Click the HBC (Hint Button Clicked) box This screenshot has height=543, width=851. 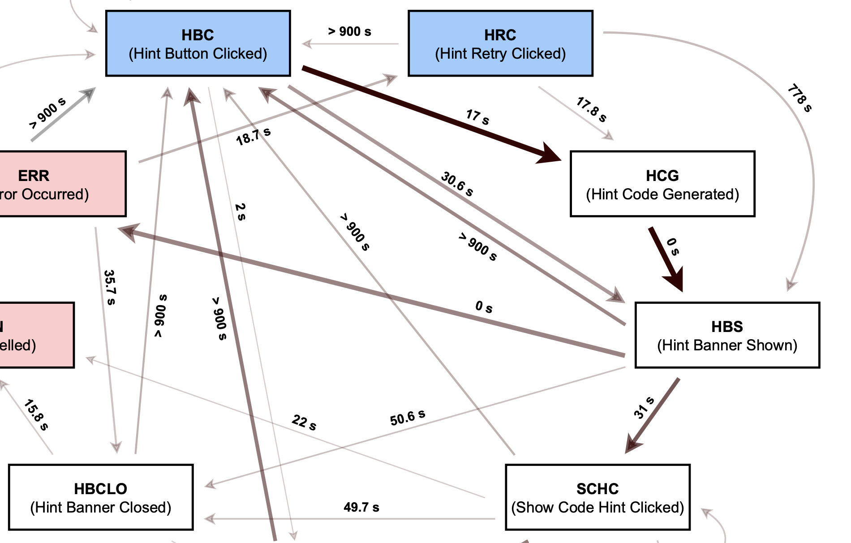(198, 44)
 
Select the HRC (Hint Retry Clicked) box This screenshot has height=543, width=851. (500, 44)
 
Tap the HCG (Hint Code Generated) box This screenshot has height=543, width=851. (662, 184)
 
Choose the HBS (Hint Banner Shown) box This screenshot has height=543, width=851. (727, 336)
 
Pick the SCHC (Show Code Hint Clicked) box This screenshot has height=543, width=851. (597, 497)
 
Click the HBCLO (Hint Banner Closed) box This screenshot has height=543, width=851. (101, 497)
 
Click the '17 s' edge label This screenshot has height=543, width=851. (477, 117)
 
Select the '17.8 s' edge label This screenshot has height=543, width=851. (591, 109)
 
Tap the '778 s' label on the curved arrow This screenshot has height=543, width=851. (799, 98)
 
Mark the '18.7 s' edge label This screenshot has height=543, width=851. (254, 136)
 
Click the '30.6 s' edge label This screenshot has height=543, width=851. (457, 184)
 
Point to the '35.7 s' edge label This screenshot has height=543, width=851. (109, 287)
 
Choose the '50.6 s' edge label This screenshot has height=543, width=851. (407, 418)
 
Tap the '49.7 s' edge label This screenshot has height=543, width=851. (361, 507)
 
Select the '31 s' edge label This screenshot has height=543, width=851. (644, 408)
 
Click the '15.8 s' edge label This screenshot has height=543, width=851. (36, 415)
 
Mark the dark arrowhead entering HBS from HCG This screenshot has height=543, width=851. (675, 279)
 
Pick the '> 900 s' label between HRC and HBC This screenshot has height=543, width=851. (349, 32)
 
